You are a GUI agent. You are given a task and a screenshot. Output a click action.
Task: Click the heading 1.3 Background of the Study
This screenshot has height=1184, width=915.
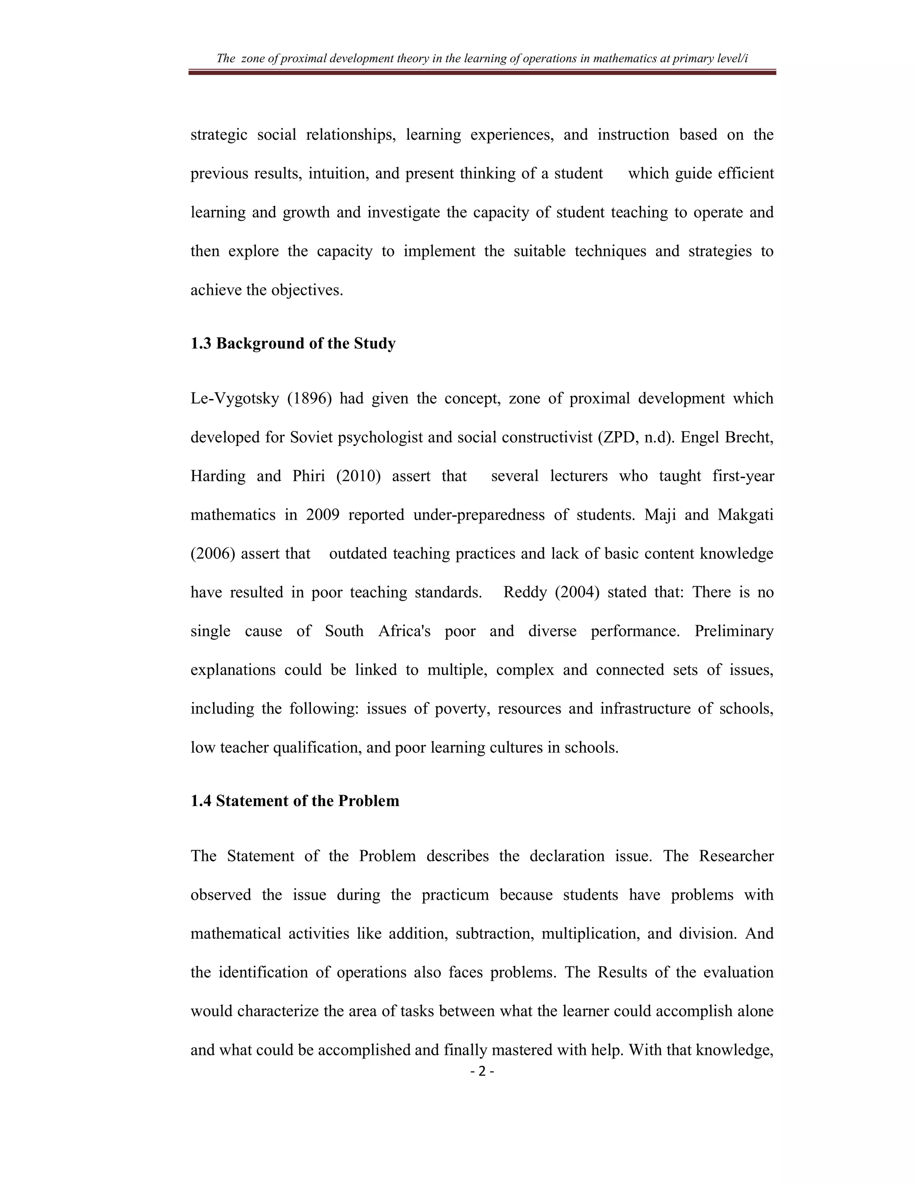(x=293, y=344)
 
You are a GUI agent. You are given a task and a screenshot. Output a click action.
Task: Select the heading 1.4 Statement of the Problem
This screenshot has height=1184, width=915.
(x=294, y=801)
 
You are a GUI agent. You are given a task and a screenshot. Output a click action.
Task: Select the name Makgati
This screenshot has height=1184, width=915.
(x=745, y=515)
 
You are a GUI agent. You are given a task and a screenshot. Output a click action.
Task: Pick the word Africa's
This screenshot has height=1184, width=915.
(x=404, y=632)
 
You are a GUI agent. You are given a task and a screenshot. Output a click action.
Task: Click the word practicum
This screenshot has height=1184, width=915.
(x=455, y=895)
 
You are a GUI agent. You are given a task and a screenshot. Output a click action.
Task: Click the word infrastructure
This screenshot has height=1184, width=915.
(x=645, y=709)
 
